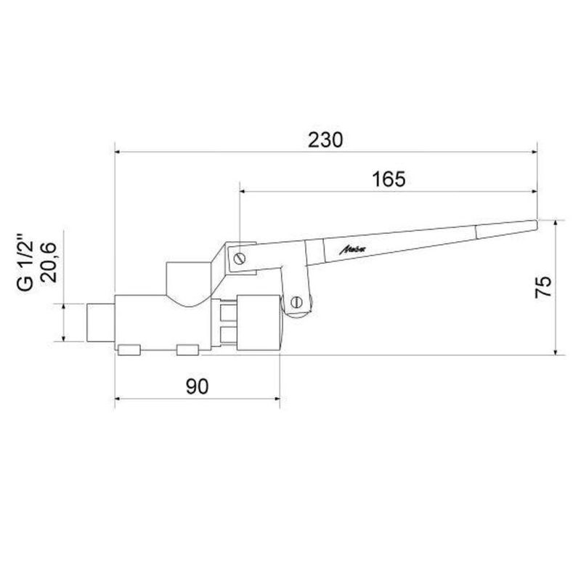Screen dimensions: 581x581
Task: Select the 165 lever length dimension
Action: point(389,179)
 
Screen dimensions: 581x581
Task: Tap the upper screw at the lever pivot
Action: point(240,257)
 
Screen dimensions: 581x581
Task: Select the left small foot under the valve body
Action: point(129,352)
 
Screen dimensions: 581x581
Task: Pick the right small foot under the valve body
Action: point(187,352)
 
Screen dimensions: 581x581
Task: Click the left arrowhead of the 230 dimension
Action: point(119,152)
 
